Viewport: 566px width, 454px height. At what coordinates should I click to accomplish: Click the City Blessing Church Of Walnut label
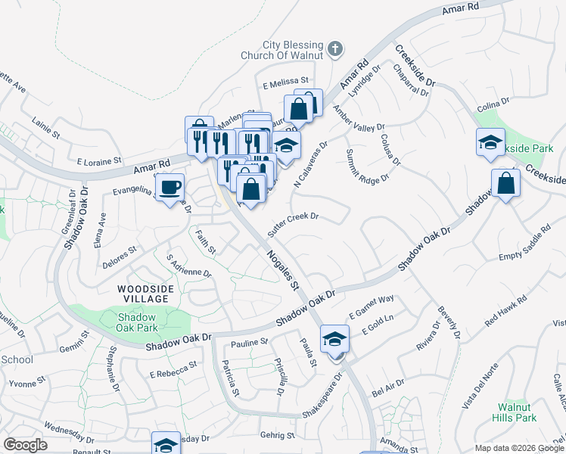292,50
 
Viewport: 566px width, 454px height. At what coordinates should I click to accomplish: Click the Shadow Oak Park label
138,323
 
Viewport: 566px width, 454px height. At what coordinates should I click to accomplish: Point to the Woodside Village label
145,294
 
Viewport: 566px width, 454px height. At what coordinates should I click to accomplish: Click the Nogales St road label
284,270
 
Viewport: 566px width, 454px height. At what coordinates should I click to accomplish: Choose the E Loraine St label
99,161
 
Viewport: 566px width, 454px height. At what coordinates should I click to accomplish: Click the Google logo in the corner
25,444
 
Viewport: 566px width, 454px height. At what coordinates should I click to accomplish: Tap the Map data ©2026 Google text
519,448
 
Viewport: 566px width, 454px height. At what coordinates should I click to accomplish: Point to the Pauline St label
249,343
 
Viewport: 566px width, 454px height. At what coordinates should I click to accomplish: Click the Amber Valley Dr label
359,119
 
